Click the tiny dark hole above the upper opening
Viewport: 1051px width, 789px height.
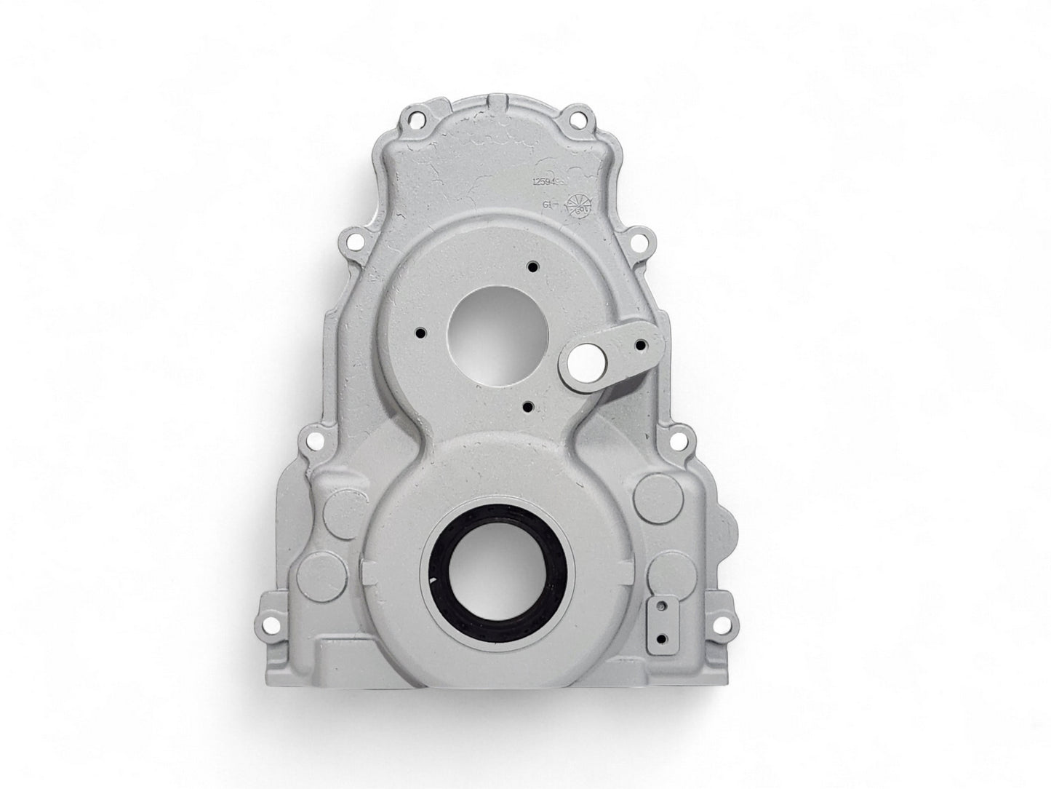533,266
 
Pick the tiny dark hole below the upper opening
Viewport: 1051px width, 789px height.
528,408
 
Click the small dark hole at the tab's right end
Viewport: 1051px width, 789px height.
641,344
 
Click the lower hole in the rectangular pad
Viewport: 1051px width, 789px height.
660,638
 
